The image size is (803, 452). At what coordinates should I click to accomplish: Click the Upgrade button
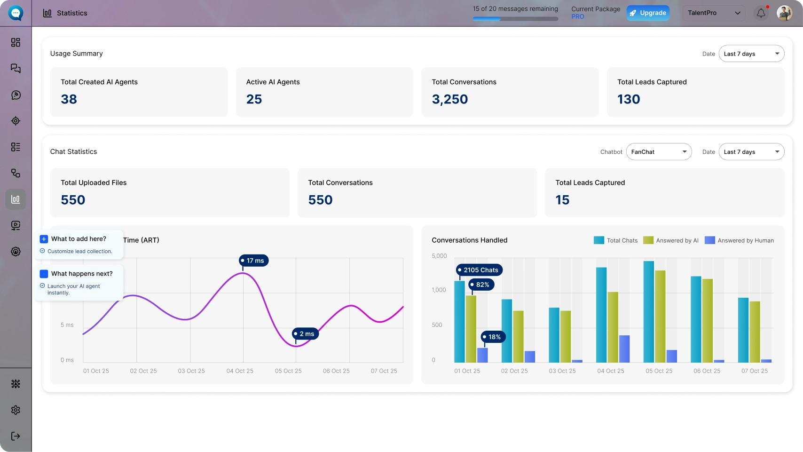click(648, 13)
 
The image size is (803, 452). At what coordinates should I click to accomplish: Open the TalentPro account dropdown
click(714, 13)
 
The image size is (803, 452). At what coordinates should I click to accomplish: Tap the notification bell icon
click(761, 13)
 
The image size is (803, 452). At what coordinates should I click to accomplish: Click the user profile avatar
click(784, 13)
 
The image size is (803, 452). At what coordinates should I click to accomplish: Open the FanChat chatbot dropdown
click(659, 152)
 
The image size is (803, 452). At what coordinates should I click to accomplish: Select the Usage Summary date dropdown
click(751, 54)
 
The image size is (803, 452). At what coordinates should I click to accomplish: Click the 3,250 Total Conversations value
click(449, 99)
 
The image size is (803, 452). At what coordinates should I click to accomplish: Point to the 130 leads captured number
click(629, 99)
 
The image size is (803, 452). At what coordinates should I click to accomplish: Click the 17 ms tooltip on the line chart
click(253, 261)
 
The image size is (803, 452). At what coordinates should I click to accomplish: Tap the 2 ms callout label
click(305, 333)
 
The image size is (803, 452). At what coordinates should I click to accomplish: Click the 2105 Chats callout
click(479, 270)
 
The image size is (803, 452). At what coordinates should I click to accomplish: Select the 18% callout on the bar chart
click(493, 337)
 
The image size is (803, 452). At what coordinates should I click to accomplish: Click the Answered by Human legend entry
click(739, 240)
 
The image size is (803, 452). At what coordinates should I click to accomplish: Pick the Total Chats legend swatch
click(598, 240)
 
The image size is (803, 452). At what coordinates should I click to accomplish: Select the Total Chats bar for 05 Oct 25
click(648, 312)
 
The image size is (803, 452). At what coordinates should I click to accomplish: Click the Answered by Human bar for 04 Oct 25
click(624, 349)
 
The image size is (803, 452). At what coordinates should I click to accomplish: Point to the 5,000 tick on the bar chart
click(439, 256)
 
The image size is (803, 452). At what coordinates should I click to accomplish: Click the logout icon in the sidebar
click(16, 436)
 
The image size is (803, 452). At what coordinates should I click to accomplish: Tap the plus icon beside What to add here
click(44, 239)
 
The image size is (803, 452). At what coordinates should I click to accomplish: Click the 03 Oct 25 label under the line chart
click(191, 371)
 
